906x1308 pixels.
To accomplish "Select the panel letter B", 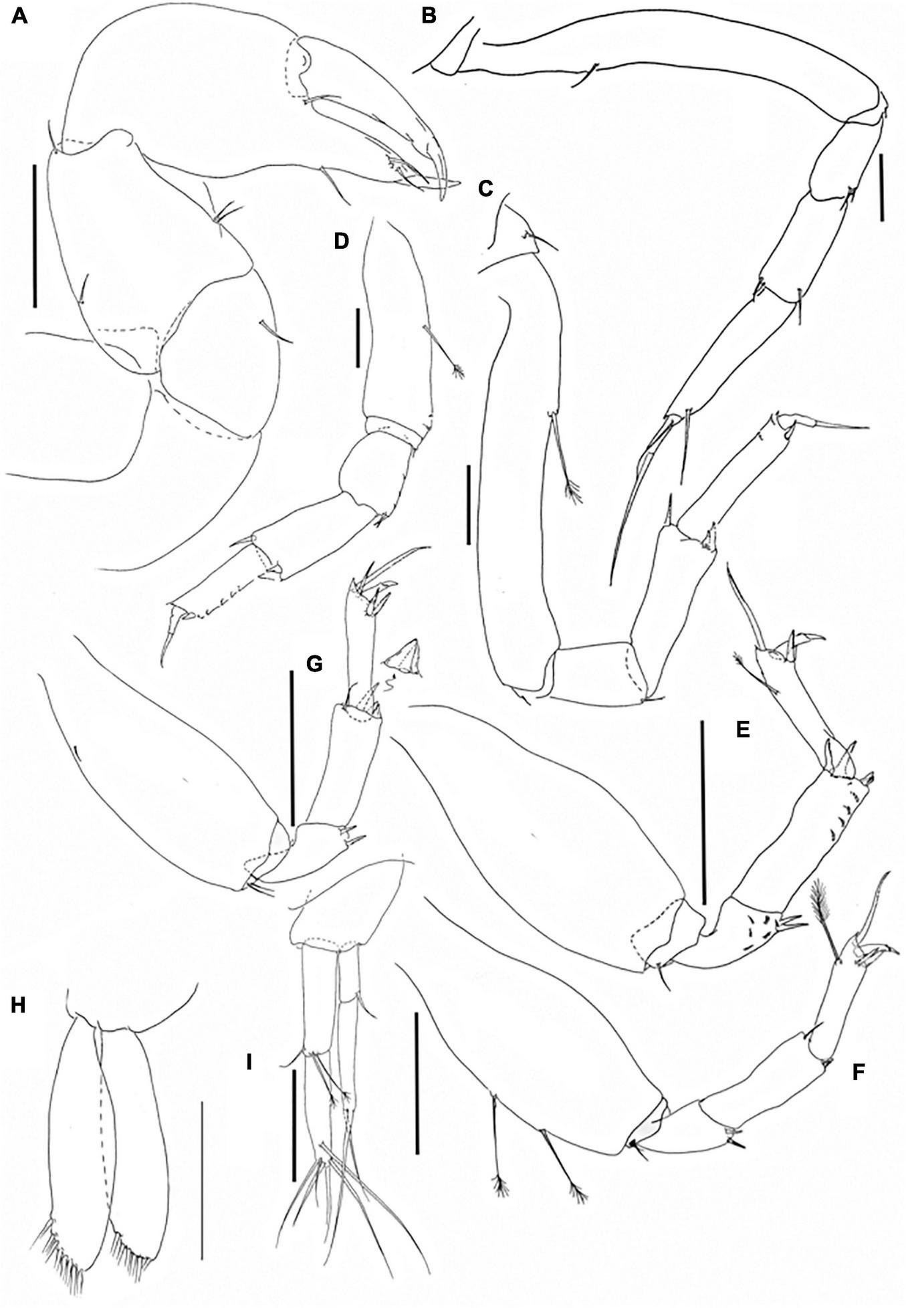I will [429, 15].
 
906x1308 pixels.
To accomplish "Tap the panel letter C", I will [485, 189].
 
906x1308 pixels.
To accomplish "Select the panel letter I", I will [249, 1061].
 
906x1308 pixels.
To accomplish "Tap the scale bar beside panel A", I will [34, 229].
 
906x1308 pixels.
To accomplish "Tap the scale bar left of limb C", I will [468, 506].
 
